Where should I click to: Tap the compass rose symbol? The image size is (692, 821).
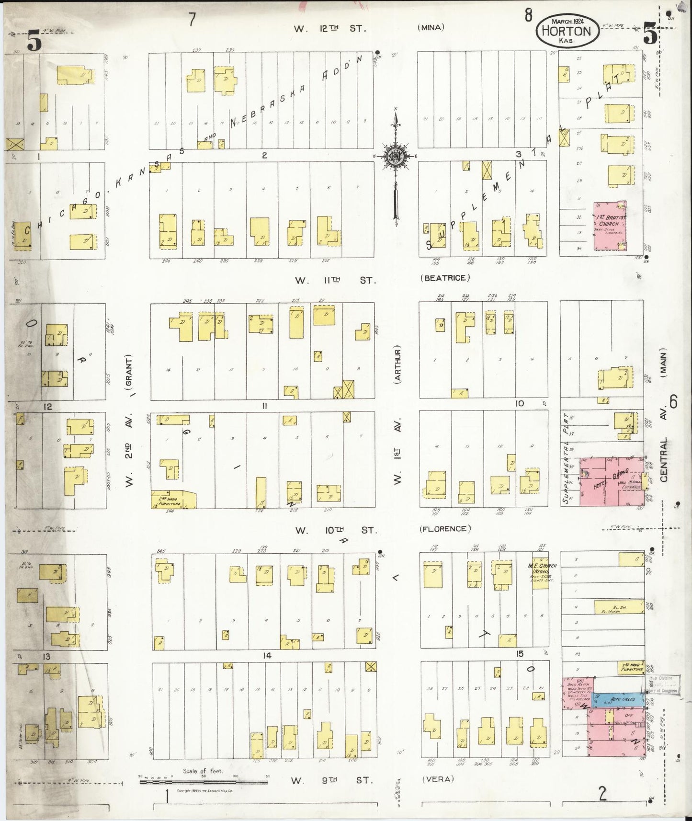(x=396, y=156)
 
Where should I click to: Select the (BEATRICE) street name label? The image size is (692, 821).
(x=445, y=278)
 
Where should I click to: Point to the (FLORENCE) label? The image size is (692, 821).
(x=445, y=529)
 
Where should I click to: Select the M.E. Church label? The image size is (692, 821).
(x=542, y=569)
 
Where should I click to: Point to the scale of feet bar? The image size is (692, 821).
(x=204, y=782)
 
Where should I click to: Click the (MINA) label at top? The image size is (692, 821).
(x=431, y=27)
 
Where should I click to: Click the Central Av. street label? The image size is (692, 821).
(x=664, y=445)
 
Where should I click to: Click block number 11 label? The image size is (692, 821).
(x=264, y=406)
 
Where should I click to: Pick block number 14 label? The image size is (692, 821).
(x=267, y=655)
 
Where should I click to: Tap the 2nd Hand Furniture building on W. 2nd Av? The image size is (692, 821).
(x=173, y=500)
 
